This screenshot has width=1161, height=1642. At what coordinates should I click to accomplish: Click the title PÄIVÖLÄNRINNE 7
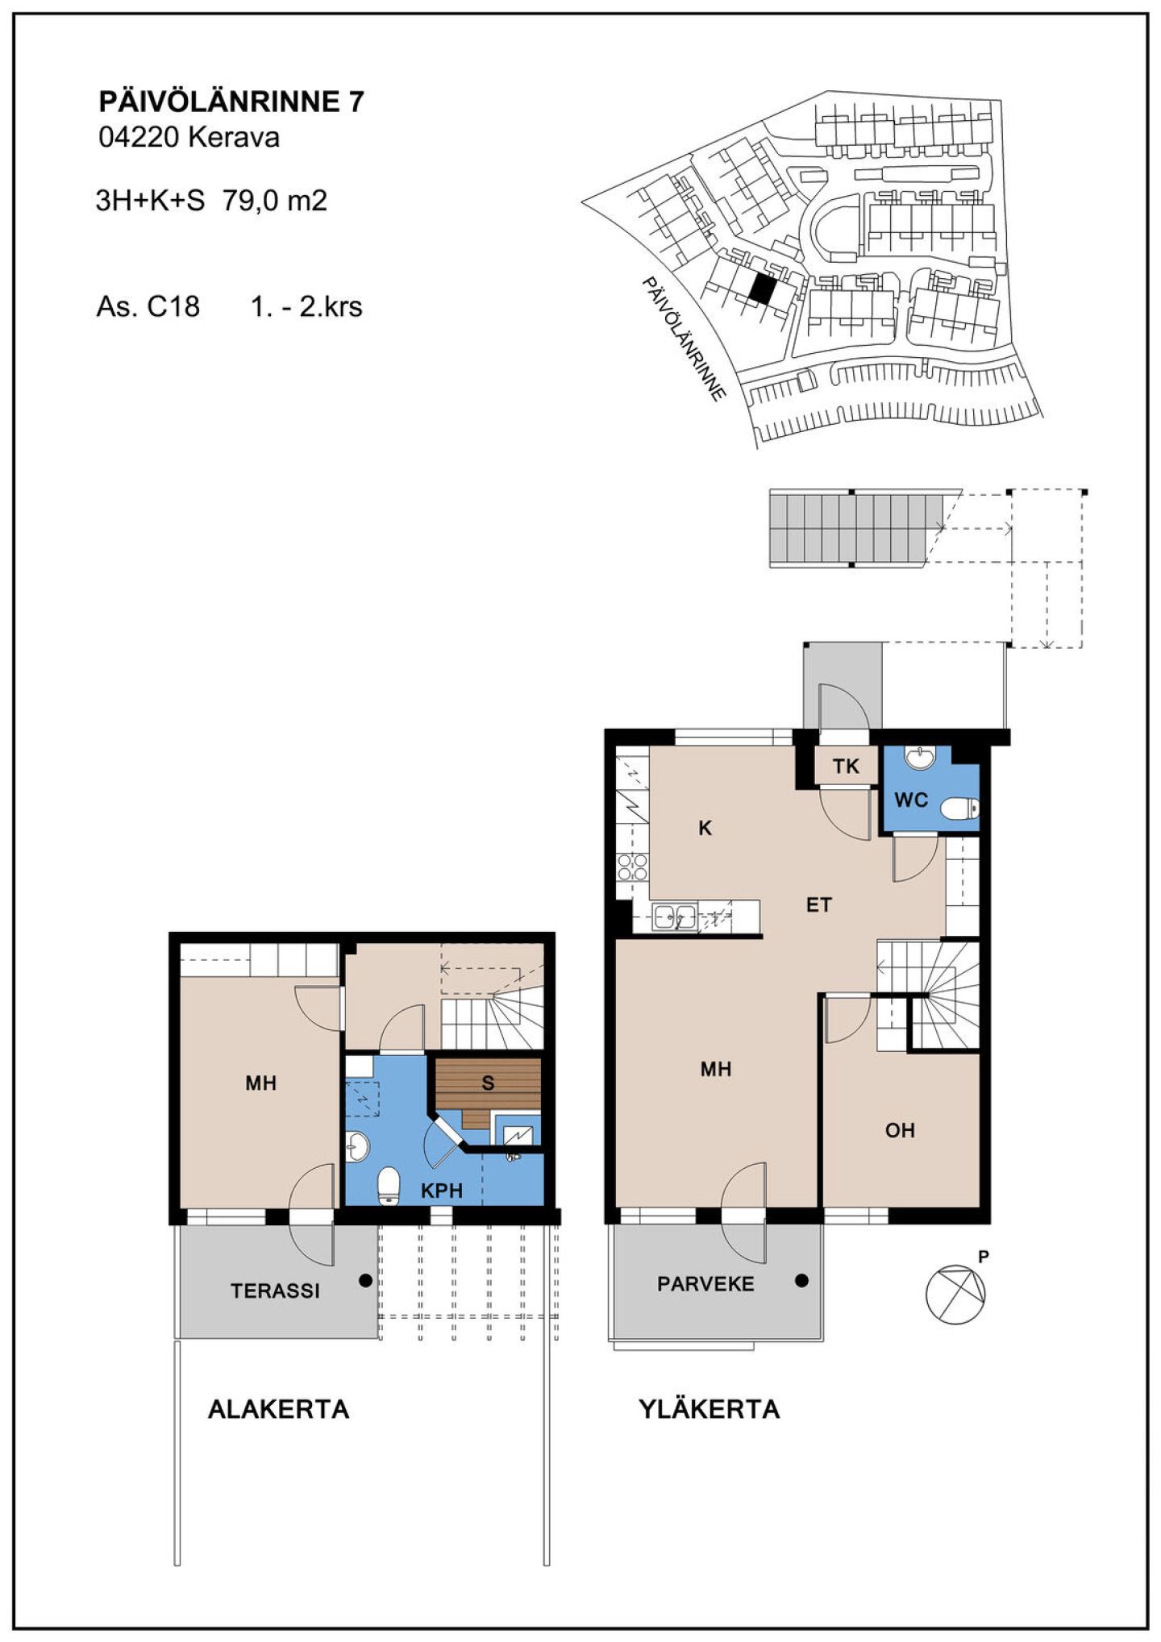point(231,102)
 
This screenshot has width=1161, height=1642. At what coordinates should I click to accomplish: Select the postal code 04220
point(139,137)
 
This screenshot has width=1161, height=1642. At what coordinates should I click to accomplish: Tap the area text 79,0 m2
point(275,201)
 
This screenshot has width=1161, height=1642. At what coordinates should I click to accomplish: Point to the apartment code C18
point(173,307)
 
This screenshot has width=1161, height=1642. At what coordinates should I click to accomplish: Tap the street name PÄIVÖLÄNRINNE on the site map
point(685,339)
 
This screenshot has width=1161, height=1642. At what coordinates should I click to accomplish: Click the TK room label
point(846,767)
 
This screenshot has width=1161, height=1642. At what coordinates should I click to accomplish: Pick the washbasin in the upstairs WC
point(919,758)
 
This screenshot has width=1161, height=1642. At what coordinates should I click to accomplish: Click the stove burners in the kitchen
point(632,867)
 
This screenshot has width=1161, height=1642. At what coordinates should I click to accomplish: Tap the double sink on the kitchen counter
point(676,917)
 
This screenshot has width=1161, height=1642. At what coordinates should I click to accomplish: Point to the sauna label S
point(488,1083)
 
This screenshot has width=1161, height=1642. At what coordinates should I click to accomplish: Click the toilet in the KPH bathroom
point(389,1185)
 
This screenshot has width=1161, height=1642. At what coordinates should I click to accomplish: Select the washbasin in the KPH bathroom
point(357,1145)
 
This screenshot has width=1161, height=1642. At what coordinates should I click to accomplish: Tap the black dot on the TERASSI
point(365,1280)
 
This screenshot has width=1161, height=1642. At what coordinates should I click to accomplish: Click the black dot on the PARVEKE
point(801,1280)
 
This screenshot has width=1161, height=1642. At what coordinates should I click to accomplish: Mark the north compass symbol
point(956,1294)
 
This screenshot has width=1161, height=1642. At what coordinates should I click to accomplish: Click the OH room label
point(900,1131)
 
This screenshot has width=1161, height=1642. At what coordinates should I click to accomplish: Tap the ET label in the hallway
point(818,905)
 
